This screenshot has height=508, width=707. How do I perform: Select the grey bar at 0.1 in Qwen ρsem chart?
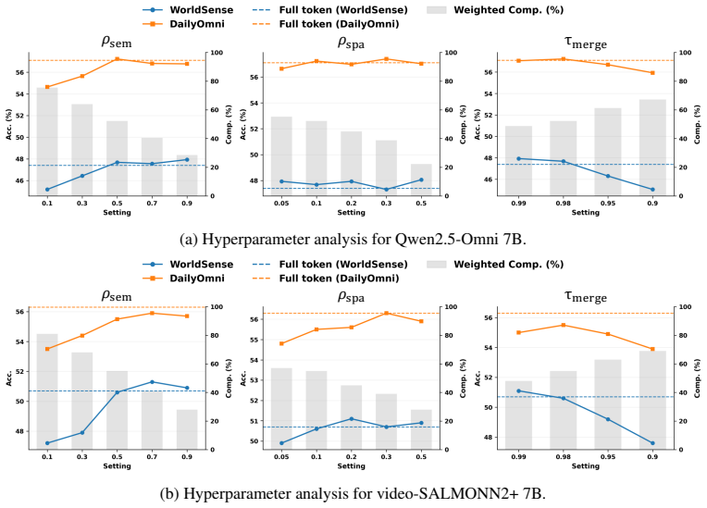47,141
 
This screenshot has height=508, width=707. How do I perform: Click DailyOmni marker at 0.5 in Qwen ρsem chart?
118,58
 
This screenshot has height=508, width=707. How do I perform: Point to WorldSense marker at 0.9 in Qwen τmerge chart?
652,190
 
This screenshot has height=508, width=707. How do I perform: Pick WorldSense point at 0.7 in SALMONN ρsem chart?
152,382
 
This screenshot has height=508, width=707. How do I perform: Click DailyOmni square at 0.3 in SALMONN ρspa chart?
387,313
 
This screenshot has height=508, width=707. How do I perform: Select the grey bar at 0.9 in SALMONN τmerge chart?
652,400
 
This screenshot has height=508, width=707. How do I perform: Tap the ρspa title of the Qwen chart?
352,43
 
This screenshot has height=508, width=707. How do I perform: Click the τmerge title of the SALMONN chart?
585,296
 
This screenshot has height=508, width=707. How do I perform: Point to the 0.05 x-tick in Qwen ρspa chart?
281,204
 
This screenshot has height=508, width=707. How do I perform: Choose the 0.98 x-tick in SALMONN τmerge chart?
564,456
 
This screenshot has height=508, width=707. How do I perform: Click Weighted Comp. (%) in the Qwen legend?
509,10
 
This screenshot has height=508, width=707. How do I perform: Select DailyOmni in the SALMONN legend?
197,279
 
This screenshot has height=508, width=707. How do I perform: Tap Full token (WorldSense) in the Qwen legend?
343,10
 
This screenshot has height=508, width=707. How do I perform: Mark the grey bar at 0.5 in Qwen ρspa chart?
421,180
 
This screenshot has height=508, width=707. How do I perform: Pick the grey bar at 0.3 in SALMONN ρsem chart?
82,401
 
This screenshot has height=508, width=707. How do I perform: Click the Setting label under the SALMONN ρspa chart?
352,465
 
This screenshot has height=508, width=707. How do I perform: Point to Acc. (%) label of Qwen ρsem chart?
9,124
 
